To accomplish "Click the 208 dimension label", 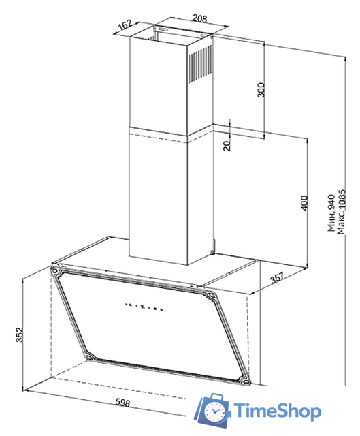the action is pyautogui.click(x=199, y=18).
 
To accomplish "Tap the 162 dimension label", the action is pyautogui.click(x=125, y=25).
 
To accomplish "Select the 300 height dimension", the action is pyautogui.click(x=261, y=90).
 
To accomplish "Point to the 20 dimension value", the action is pyautogui.click(x=227, y=146).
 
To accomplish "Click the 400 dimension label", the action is pyautogui.click(x=304, y=203).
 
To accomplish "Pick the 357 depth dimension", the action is pyautogui.click(x=278, y=277).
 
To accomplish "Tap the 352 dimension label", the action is pyautogui.click(x=19, y=334).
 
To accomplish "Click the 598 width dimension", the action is pyautogui.click(x=122, y=403).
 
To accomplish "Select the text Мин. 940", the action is pyautogui.click(x=331, y=213).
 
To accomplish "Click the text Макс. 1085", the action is pyautogui.click(x=341, y=212).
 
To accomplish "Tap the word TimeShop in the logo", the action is pyautogui.click(x=277, y=411).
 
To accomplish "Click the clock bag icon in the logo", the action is pyautogui.click(x=212, y=409).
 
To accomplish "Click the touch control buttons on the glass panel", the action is pyautogui.click(x=144, y=307).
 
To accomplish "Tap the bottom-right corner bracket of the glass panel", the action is pyautogui.click(x=244, y=380).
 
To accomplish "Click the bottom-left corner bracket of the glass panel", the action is pyautogui.click(x=91, y=356).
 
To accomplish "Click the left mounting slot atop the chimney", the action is pyautogui.click(x=163, y=29).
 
